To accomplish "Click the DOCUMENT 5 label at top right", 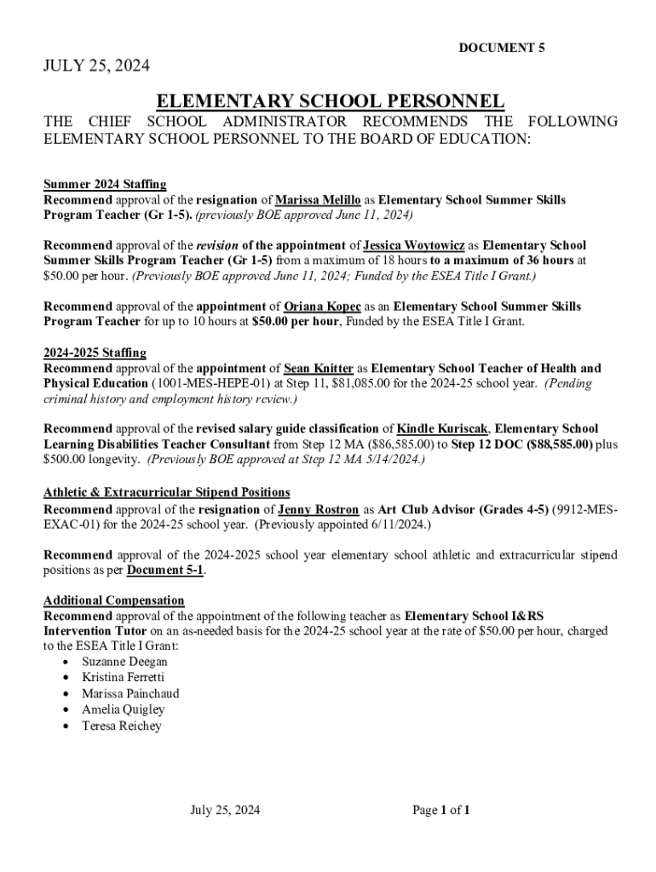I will coord(502,49).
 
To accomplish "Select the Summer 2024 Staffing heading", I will coord(105,184).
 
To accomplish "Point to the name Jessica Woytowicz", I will coord(414,245).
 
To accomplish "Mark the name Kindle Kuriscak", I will coord(439,429).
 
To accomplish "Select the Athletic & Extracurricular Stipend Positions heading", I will coord(167,492).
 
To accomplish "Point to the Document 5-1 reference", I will coord(166,571).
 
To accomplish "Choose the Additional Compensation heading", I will coord(113,600).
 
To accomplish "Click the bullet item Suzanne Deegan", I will coord(124,662).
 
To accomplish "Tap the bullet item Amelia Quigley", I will coord(124,709).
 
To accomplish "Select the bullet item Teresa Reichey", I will coord(121,726).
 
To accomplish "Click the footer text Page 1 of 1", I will coord(441,810).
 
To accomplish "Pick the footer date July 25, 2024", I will coord(225,810).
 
